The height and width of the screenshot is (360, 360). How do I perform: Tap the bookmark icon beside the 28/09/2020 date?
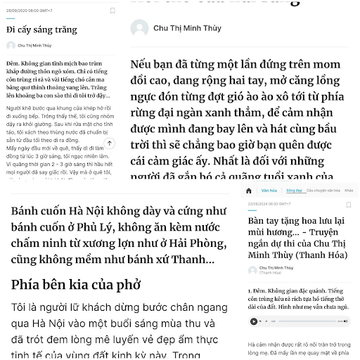click(112, 11)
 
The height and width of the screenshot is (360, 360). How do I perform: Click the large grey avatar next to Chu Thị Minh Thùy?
click(139, 28)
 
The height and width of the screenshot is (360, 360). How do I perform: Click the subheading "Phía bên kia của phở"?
click(76, 285)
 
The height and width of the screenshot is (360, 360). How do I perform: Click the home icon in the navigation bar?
click(248, 191)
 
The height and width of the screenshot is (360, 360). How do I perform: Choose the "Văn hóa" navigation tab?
click(269, 191)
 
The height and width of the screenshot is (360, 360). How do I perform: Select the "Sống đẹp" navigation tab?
click(294, 191)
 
